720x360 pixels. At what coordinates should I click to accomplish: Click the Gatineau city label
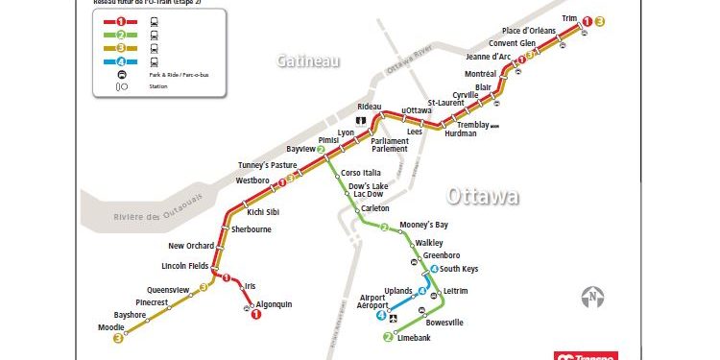click(x=308, y=60)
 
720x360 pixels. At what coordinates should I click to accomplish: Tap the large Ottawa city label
click(x=483, y=196)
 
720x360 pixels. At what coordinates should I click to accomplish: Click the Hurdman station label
click(x=461, y=133)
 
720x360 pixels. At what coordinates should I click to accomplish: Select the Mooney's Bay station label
click(x=423, y=225)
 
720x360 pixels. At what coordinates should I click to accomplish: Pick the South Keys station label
click(x=459, y=270)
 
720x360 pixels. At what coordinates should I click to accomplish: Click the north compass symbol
click(x=594, y=295)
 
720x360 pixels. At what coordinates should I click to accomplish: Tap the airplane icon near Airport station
click(x=391, y=317)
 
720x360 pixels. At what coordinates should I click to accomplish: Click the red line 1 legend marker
click(x=120, y=19)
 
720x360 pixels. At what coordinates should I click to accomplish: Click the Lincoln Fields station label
click(x=184, y=266)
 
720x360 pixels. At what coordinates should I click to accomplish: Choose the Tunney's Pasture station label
click(x=267, y=166)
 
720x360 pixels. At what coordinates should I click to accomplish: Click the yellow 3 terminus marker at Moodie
click(x=118, y=338)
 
